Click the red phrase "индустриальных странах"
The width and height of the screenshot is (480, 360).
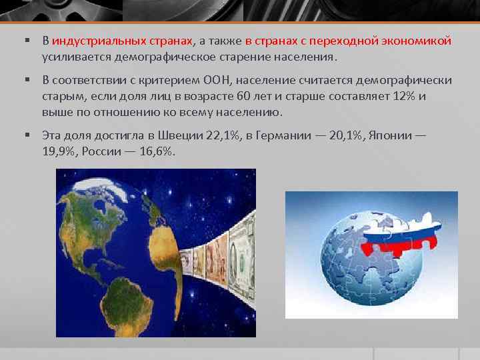point(123,41)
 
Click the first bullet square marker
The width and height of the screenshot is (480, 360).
point(29,41)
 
